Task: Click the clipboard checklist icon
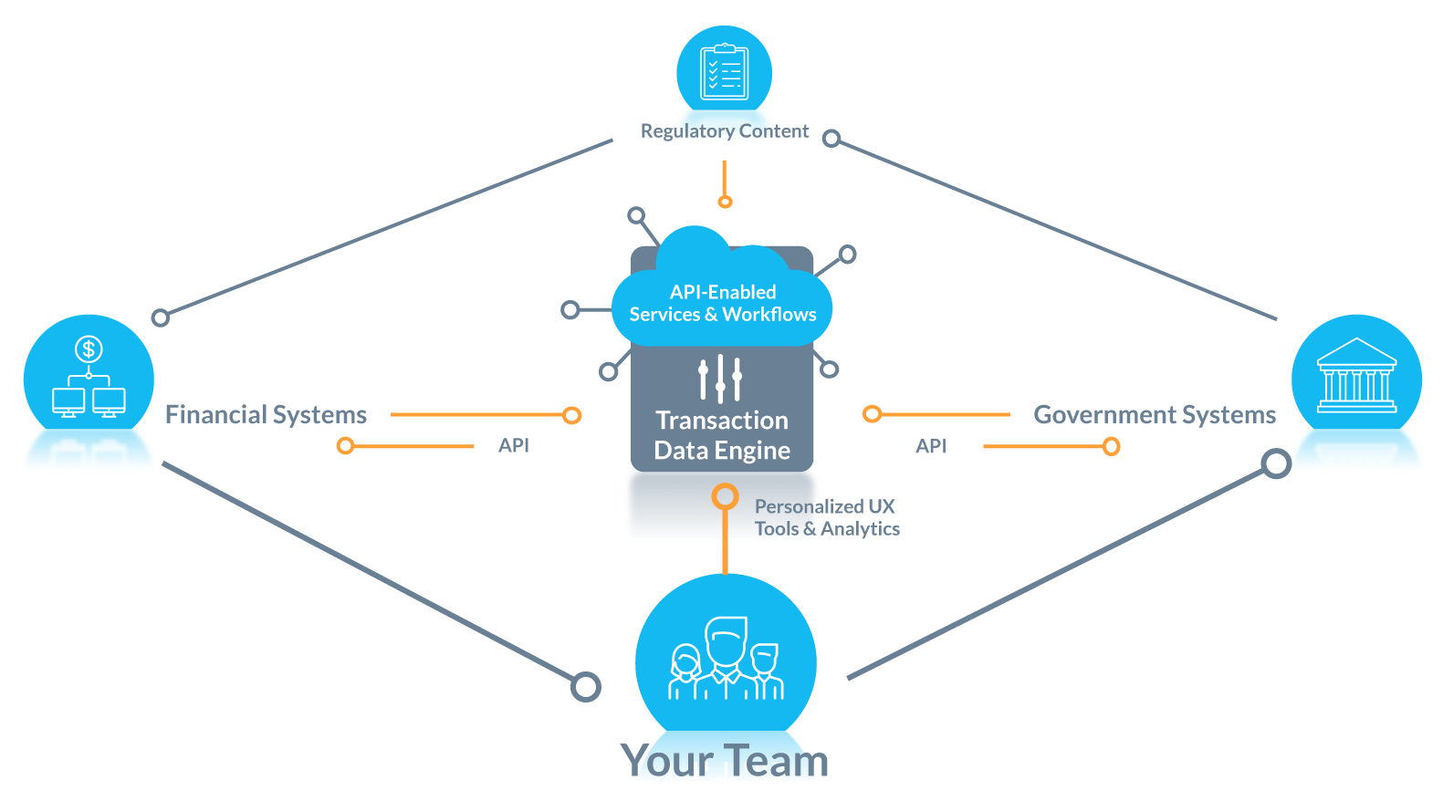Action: pyautogui.click(x=724, y=72)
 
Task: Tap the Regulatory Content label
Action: pyautogui.click(x=725, y=131)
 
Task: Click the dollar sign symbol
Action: pyautogui.click(x=89, y=348)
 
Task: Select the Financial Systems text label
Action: pyautogui.click(x=266, y=415)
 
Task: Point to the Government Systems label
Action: pyautogui.click(x=1155, y=415)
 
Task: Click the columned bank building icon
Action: pyautogui.click(x=1356, y=375)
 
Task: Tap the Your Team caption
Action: pyautogui.click(x=725, y=761)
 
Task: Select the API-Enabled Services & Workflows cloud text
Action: pyautogui.click(x=723, y=303)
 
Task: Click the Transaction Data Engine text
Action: pyautogui.click(x=722, y=435)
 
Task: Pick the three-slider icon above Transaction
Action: pyautogui.click(x=720, y=378)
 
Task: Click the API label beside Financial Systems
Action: pyautogui.click(x=514, y=445)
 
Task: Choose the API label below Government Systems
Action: pyautogui.click(x=931, y=446)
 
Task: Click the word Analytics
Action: pyautogui.click(x=861, y=529)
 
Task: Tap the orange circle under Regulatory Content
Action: pyautogui.click(x=725, y=202)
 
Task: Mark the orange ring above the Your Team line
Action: pyautogui.click(x=725, y=496)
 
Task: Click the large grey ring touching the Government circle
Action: pyautogui.click(x=1276, y=463)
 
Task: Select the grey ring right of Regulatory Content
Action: pyautogui.click(x=831, y=139)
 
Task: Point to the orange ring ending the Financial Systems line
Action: pyautogui.click(x=572, y=415)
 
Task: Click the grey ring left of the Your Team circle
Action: pyautogui.click(x=586, y=687)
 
